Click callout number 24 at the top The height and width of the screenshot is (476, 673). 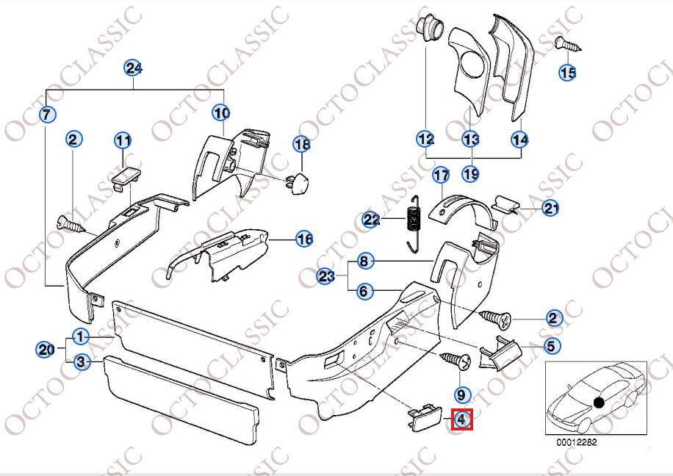(133, 68)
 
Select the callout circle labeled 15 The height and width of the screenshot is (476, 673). (568, 72)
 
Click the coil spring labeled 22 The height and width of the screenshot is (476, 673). (414, 220)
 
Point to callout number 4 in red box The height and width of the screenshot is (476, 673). (461, 419)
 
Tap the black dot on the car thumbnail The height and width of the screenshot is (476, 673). (599, 402)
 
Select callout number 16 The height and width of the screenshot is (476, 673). (304, 238)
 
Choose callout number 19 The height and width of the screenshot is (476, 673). (470, 173)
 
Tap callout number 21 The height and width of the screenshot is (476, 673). (551, 209)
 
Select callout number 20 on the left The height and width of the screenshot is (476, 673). (46, 350)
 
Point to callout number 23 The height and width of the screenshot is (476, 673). (326, 276)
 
